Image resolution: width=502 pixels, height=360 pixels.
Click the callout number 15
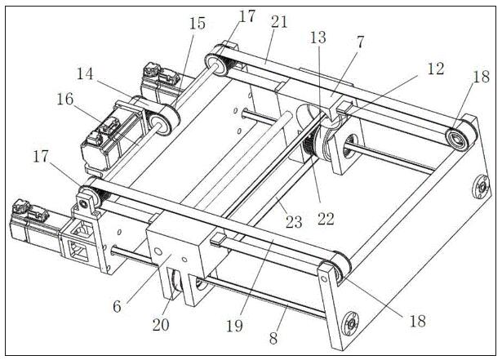pyautogui.click(x=198, y=24)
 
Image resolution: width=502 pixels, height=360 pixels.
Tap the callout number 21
pyautogui.click(x=279, y=22)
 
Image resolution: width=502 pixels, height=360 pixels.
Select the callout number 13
pyautogui.click(x=318, y=38)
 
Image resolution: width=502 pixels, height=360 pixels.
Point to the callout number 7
pyautogui.click(x=361, y=42)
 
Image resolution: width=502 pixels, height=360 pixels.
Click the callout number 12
pyautogui.click(x=436, y=69)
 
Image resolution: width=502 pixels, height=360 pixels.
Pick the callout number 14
pyautogui.click(x=85, y=73)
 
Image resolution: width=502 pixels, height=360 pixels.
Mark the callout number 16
pyautogui.click(x=65, y=100)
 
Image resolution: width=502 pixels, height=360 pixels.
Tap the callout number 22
pyautogui.click(x=326, y=219)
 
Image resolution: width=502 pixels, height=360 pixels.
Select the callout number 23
pyautogui.click(x=294, y=222)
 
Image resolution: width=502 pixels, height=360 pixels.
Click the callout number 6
pyautogui.click(x=118, y=306)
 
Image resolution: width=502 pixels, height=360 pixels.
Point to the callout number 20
pyautogui.click(x=161, y=325)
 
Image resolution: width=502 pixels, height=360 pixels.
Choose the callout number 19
pyautogui.click(x=234, y=327)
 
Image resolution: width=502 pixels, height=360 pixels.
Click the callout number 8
pyautogui.click(x=273, y=338)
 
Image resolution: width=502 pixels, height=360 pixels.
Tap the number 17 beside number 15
pyautogui.click(x=247, y=16)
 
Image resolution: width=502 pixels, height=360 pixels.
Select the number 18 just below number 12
pyautogui.click(x=482, y=77)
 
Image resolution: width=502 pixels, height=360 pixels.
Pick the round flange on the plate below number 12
pyautogui.click(x=482, y=187)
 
